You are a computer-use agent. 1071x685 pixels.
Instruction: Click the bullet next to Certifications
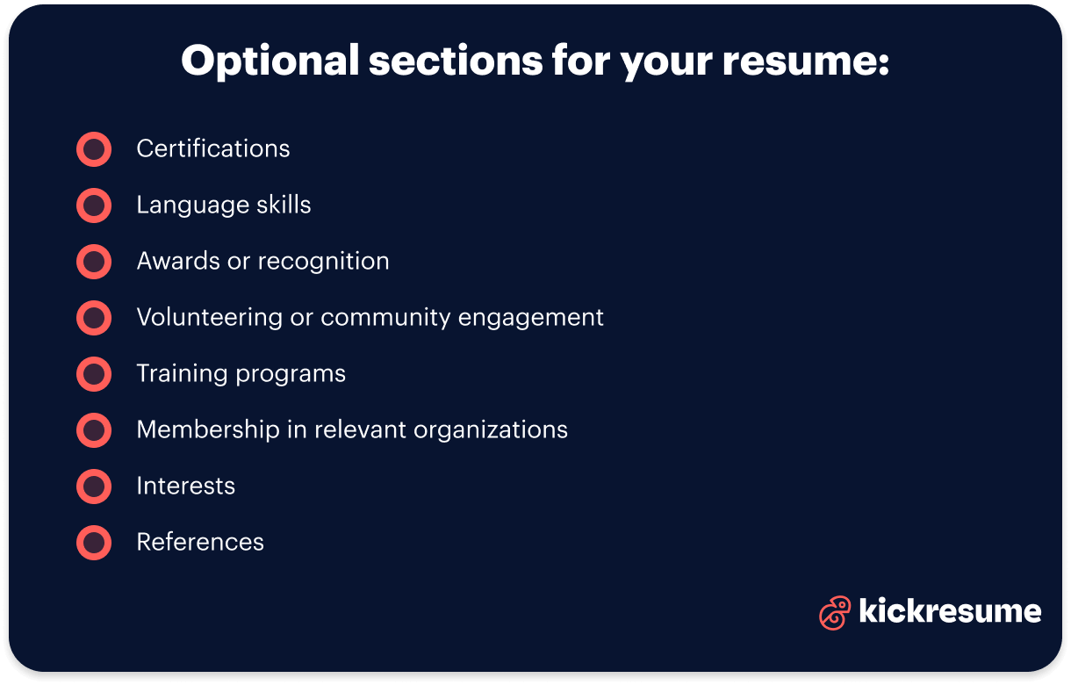[94, 149]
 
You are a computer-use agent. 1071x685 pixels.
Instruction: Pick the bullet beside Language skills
[94, 205]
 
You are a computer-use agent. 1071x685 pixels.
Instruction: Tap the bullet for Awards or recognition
[94, 262]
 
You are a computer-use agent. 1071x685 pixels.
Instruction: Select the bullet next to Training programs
[94, 374]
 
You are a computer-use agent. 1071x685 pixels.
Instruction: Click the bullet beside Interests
[94, 487]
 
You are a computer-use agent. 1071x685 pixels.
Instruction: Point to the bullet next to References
[94, 543]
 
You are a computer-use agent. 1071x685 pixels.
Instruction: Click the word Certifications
[213, 149]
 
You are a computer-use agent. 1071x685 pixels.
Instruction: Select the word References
[200, 543]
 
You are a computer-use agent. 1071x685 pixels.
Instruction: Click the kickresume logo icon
[835, 612]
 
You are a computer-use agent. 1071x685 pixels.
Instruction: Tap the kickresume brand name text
[950, 611]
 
